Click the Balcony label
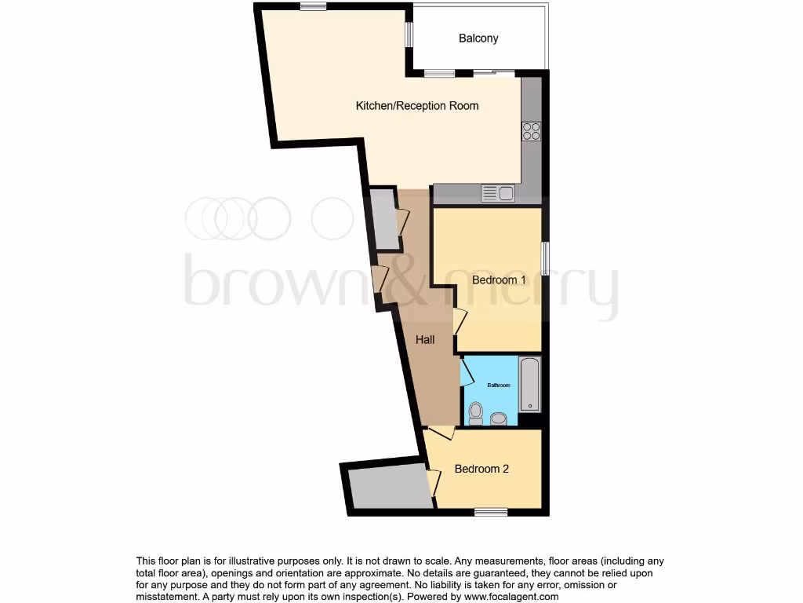[x=478, y=38]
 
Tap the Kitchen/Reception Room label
[x=417, y=106]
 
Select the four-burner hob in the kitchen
[x=531, y=131]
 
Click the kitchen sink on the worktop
[x=497, y=193]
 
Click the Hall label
[x=426, y=340]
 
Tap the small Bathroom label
[x=499, y=386]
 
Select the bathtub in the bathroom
[x=530, y=385]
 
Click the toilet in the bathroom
[x=475, y=412]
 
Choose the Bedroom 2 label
[x=481, y=469]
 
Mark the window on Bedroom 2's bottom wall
[x=491, y=513]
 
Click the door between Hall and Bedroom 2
[x=441, y=433]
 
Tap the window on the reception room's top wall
[x=313, y=7]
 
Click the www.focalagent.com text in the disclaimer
[x=511, y=597]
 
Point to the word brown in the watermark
[x=260, y=283]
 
